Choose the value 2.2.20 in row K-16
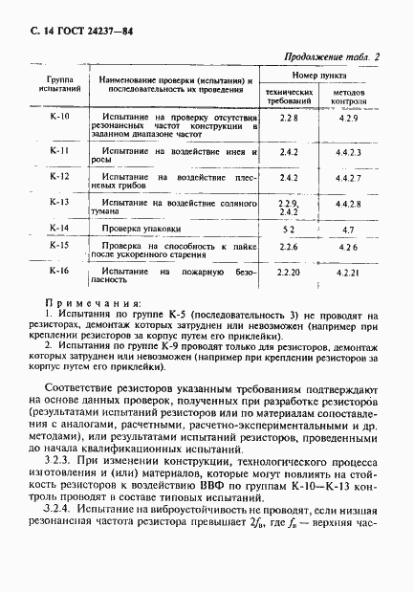point(288,274)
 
